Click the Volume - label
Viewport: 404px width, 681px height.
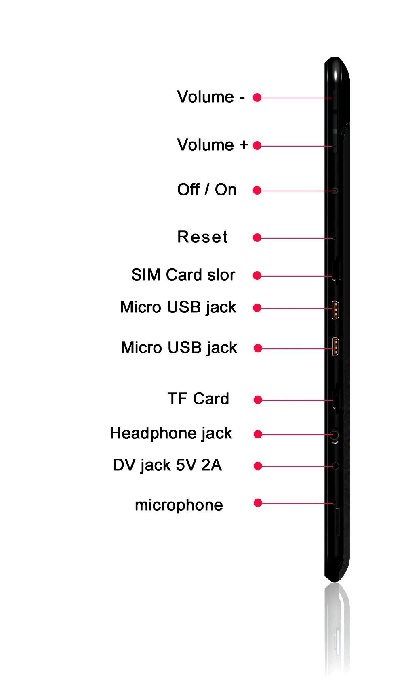[211, 97]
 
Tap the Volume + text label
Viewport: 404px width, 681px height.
[213, 145]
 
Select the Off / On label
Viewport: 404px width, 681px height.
[207, 190]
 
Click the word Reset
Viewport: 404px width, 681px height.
[203, 237]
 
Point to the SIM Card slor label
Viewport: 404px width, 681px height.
[183, 275]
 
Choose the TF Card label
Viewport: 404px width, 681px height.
[198, 399]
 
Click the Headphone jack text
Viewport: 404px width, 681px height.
[171, 433]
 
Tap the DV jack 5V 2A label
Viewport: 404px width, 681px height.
[167, 465]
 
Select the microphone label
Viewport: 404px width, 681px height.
[179, 505]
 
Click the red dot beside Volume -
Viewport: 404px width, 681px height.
[257, 98]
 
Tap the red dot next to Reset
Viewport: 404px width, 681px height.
[257, 238]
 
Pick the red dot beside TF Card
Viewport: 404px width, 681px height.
[258, 400]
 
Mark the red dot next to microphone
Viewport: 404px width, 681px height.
[258, 503]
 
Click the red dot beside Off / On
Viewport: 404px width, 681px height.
[257, 191]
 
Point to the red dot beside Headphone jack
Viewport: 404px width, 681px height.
[258, 434]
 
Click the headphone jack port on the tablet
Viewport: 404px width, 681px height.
[334, 435]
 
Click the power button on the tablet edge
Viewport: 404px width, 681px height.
[335, 191]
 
